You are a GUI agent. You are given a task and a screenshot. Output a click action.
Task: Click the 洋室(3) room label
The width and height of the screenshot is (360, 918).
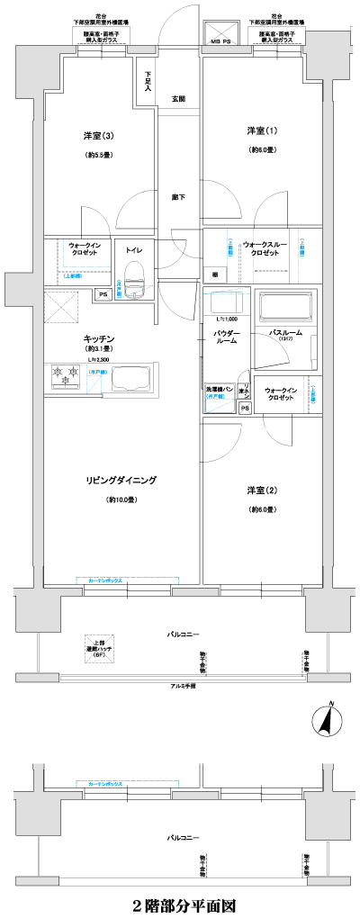pos(97,136)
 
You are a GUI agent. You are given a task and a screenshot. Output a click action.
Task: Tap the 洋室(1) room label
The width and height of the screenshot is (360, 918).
pos(261,130)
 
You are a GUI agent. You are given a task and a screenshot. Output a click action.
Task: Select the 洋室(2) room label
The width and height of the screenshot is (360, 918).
pos(261,490)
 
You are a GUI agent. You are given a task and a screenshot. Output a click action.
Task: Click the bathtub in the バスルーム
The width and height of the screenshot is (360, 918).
pos(285,308)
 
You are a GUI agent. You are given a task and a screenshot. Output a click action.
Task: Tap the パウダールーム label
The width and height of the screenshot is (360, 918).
pos(226,338)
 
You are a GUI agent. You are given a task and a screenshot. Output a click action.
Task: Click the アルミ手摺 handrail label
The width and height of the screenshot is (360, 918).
pos(182,686)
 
